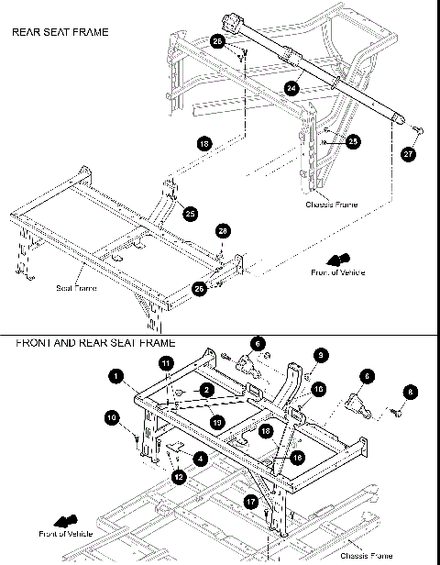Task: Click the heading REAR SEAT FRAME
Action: click(x=60, y=32)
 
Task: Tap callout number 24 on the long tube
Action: click(x=291, y=89)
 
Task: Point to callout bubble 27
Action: click(x=408, y=155)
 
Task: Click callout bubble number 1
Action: click(x=116, y=374)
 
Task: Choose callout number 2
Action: click(x=207, y=390)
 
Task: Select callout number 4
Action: click(x=200, y=456)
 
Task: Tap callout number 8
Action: click(x=411, y=392)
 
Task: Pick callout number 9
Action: click(x=320, y=355)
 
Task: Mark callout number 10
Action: click(x=111, y=418)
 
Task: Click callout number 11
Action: click(x=165, y=364)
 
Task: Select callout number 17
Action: click(x=251, y=501)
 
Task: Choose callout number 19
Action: click(x=215, y=422)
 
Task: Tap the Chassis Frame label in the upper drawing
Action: click(x=331, y=205)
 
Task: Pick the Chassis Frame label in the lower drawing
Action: click(x=367, y=555)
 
